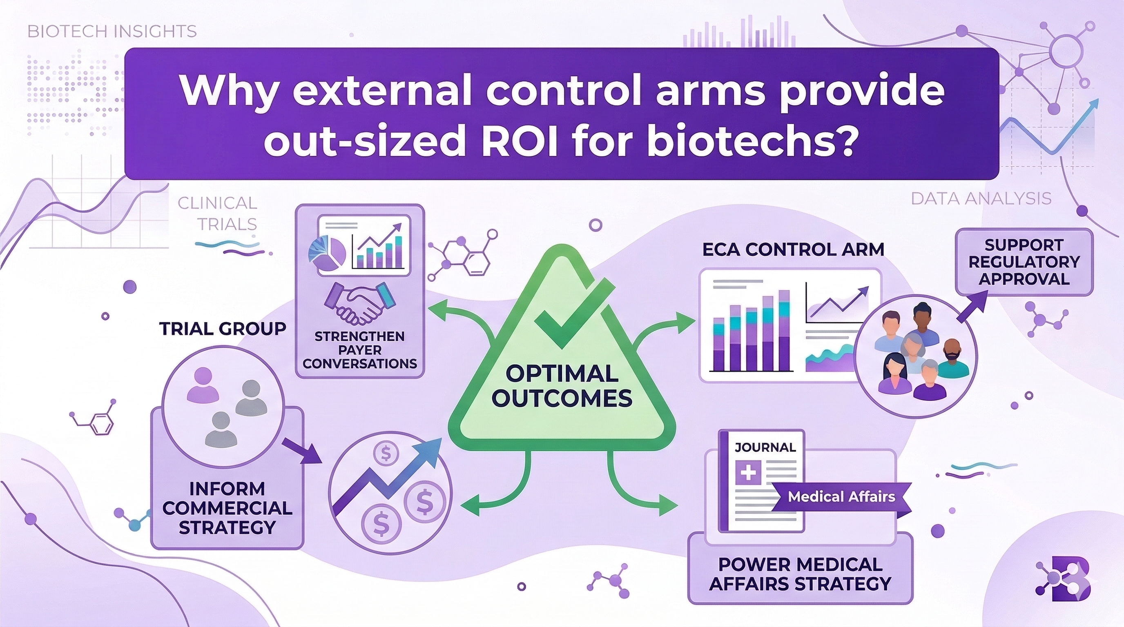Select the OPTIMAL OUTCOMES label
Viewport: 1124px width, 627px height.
click(x=562, y=386)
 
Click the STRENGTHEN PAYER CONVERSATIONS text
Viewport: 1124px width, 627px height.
click(x=359, y=350)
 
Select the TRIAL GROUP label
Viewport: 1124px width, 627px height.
click(x=223, y=328)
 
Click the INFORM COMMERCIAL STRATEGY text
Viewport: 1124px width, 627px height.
click(x=227, y=508)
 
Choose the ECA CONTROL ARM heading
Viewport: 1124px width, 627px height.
click(x=793, y=249)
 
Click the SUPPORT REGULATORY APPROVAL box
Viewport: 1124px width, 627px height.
click(x=1024, y=262)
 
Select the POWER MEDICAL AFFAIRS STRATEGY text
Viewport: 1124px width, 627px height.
click(x=800, y=574)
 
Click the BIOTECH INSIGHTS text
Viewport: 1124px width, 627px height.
click(x=112, y=32)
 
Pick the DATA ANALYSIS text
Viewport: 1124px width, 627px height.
click(x=981, y=199)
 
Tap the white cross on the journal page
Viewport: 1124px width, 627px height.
click(x=748, y=474)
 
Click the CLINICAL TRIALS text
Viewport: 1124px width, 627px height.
click(x=217, y=213)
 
